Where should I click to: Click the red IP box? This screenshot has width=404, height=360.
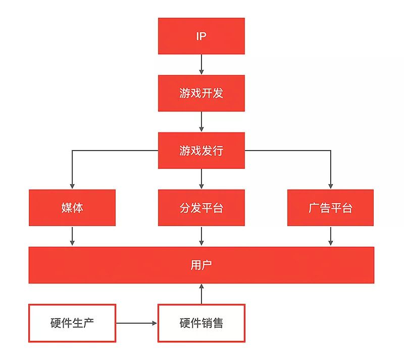[x=201, y=36]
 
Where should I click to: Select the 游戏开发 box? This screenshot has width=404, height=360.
[x=201, y=93]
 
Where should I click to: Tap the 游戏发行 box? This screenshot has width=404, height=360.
[x=201, y=150]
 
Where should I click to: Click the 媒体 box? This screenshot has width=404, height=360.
[x=72, y=207]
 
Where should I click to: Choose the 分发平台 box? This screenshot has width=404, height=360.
[x=201, y=207]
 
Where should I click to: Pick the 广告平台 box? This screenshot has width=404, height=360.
[x=330, y=207]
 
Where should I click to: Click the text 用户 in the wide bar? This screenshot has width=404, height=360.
[x=201, y=265]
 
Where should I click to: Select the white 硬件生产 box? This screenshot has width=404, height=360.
[x=72, y=323]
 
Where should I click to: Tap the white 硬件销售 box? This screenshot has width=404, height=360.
[x=201, y=323]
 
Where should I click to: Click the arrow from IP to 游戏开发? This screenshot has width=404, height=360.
[x=201, y=64]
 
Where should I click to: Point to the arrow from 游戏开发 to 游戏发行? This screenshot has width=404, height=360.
[x=201, y=121]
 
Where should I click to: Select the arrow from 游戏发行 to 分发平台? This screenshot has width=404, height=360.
[x=201, y=178]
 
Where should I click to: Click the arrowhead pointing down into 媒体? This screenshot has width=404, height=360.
[x=72, y=186]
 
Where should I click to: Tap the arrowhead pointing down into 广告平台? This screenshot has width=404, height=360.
[x=330, y=186]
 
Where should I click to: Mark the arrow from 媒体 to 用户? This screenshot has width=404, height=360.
[x=72, y=236]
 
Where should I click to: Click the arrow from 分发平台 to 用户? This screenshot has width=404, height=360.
[x=201, y=236]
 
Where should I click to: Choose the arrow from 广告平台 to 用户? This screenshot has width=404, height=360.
[x=330, y=236]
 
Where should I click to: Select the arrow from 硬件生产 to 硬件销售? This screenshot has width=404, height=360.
[x=136, y=323]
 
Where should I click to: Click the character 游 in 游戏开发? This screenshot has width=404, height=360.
[x=184, y=93]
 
